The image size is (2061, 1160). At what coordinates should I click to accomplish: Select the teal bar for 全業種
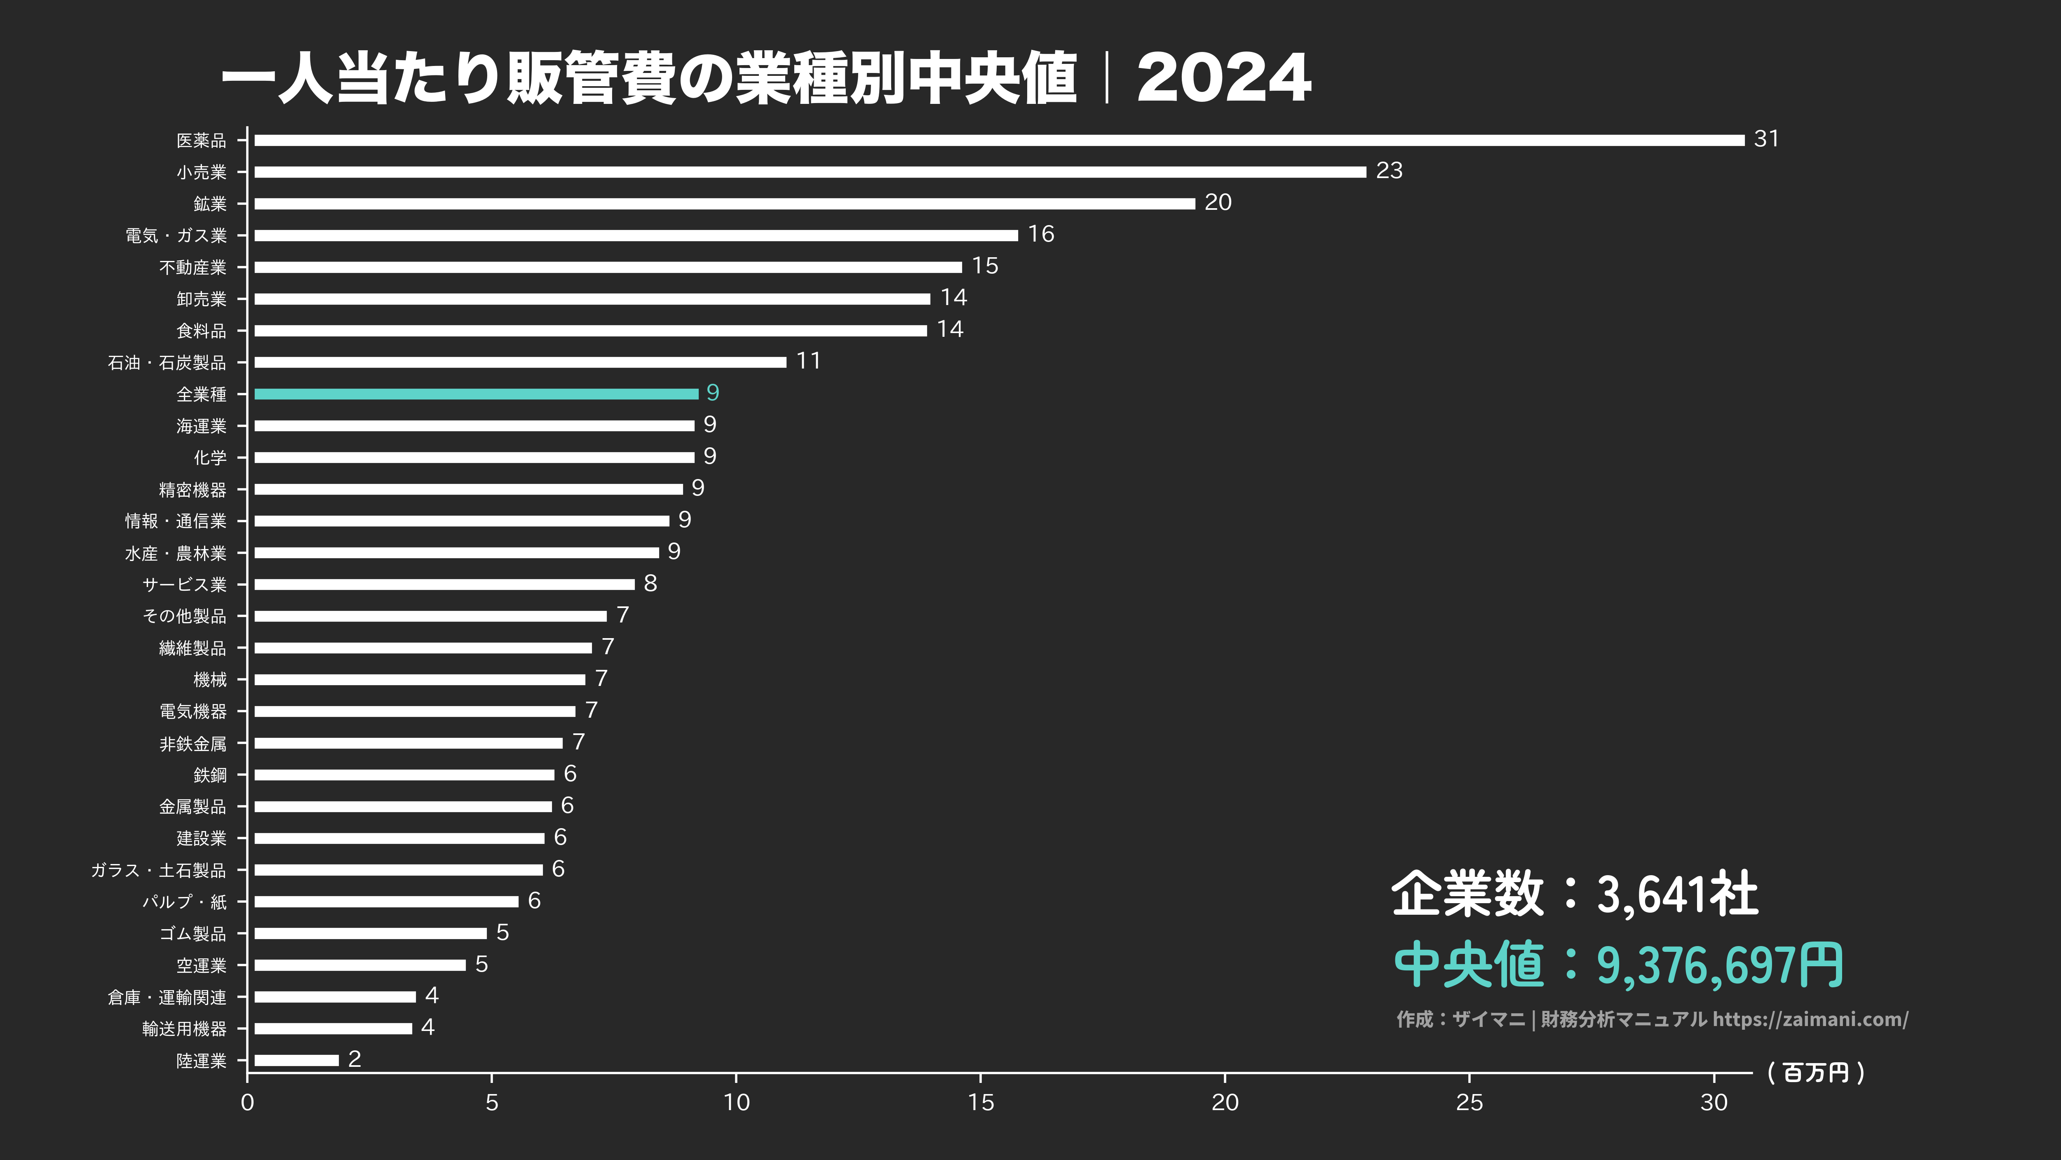(x=476, y=394)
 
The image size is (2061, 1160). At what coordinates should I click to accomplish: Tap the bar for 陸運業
(x=296, y=1060)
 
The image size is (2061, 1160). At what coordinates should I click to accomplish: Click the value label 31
(x=1766, y=139)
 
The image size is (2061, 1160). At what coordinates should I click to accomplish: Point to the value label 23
(x=1389, y=170)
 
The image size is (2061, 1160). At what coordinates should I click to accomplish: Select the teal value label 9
(x=712, y=393)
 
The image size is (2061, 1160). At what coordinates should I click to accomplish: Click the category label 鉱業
(x=210, y=204)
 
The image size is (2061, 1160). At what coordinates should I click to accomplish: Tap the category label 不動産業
(x=193, y=267)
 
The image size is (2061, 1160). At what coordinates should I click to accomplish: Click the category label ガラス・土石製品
(x=158, y=870)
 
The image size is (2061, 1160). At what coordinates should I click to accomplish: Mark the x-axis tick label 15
(x=981, y=1102)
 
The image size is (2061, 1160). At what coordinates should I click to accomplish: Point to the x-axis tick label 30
(x=1714, y=1102)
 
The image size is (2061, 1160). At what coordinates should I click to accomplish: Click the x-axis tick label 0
(x=247, y=1102)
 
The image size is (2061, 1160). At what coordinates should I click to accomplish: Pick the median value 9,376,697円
(x=1720, y=965)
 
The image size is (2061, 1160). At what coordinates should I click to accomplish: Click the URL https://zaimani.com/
(x=1810, y=1019)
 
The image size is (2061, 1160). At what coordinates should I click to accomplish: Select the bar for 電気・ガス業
(x=636, y=235)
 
